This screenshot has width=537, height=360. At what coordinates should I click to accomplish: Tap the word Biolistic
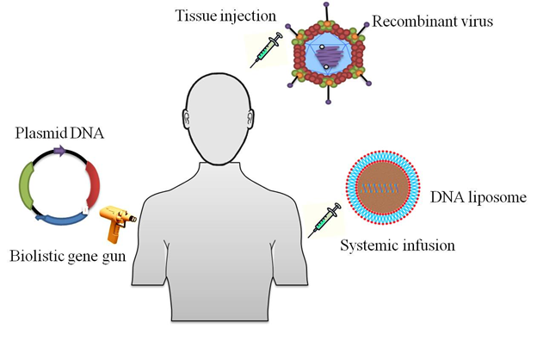pos(34,256)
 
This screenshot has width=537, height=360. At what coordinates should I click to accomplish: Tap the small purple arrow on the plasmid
pos(59,151)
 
